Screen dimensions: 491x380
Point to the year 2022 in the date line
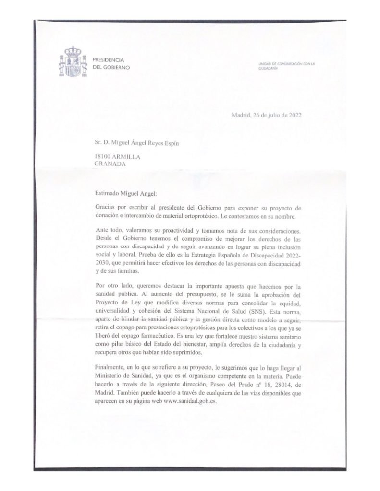(293, 115)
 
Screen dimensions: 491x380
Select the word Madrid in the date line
(242, 115)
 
